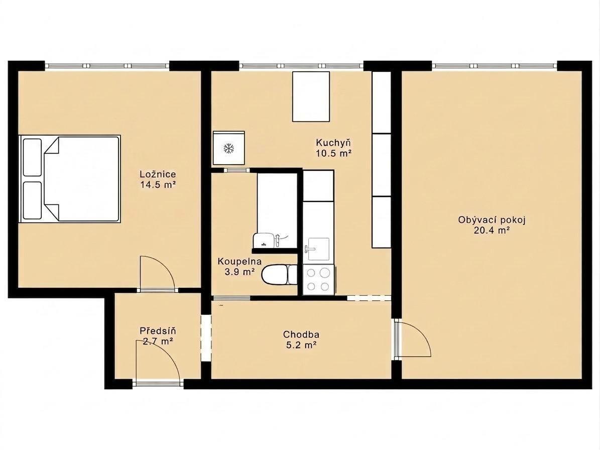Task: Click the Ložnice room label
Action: pyautogui.click(x=158, y=174)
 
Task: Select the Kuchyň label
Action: pyautogui.click(x=333, y=143)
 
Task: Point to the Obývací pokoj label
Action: pyautogui.click(x=492, y=220)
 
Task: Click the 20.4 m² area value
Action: pyautogui.click(x=492, y=231)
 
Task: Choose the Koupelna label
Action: pyautogui.click(x=239, y=262)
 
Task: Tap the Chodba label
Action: pyautogui.click(x=301, y=334)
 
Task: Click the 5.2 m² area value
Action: pyautogui.click(x=301, y=345)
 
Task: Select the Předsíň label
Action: pyautogui.click(x=158, y=330)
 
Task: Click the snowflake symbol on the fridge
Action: pyautogui.click(x=229, y=149)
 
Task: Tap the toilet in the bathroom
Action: pyautogui.click(x=279, y=275)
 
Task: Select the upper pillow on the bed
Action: pyautogui.click(x=32, y=157)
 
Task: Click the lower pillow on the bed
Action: pyautogui.click(x=32, y=200)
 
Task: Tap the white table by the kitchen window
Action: pyautogui.click(x=311, y=96)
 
